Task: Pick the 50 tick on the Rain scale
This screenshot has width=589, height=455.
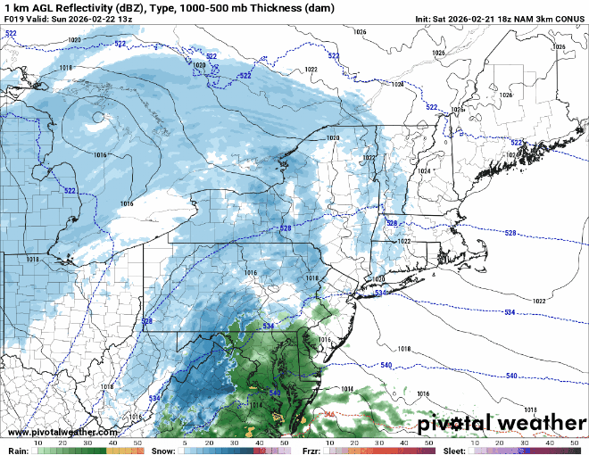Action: tap(137, 443)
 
